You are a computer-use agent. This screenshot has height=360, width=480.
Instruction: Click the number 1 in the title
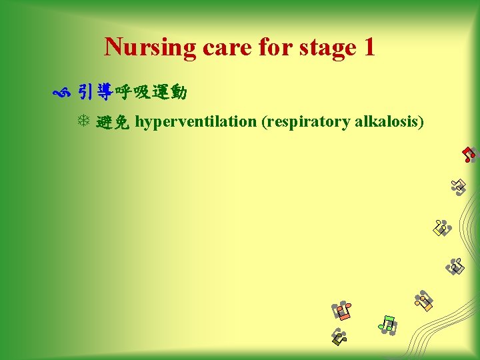(x=368, y=47)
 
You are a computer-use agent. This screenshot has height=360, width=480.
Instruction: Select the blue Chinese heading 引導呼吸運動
(x=132, y=92)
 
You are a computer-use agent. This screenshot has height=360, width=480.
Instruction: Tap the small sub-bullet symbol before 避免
(x=85, y=121)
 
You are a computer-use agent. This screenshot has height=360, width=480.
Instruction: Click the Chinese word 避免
(x=113, y=121)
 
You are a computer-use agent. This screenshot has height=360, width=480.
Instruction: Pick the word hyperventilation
(x=196, y=121)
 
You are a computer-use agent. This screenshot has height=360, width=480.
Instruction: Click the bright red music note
(x=469, y=154)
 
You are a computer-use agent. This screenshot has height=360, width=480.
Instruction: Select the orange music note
(x=423, y=301)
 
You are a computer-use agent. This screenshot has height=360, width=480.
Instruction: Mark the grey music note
(x=456, y=267)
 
